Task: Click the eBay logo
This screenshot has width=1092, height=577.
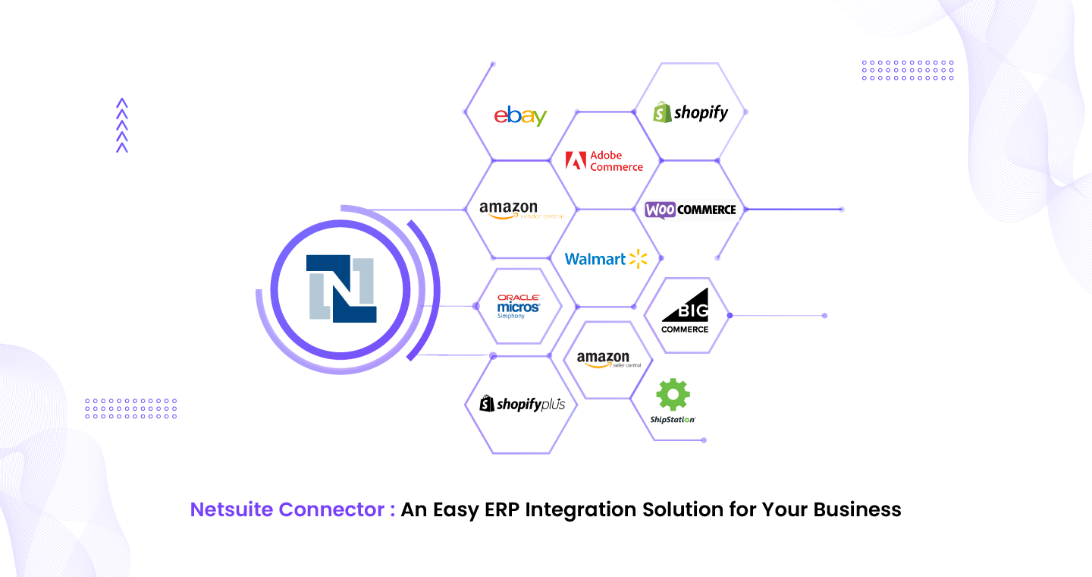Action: [x=520, y=115]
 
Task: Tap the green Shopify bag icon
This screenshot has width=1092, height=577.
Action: [x=662, y=112]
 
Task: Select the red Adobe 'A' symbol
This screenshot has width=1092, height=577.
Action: [x=576, y=161]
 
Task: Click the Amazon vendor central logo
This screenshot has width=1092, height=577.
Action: [x=521, y=210]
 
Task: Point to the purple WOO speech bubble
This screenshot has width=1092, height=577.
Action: [x=660, y=210]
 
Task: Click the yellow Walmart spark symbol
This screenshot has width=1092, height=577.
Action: [x=639, y=259]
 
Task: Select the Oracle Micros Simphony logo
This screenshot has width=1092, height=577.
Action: [x=519, y=306]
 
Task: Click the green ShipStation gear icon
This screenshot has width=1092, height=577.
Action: [x=673, y=396]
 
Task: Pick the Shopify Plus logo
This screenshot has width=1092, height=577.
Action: [x=522, y=404]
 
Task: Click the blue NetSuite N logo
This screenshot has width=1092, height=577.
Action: [x=341, y=288]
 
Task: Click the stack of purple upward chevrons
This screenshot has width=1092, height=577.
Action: [x=122, y=125]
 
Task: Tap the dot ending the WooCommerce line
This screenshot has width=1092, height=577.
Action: [x=842, y=209]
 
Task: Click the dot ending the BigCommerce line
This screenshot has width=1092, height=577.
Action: [x=824, y=315]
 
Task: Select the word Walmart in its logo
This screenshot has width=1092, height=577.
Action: [x=595, y=260]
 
